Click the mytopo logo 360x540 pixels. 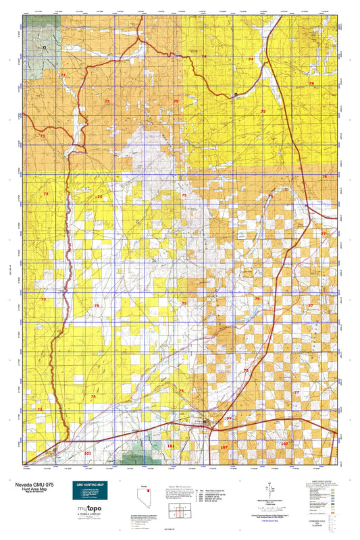coord(89,508)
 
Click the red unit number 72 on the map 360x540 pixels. coord(63,75)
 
